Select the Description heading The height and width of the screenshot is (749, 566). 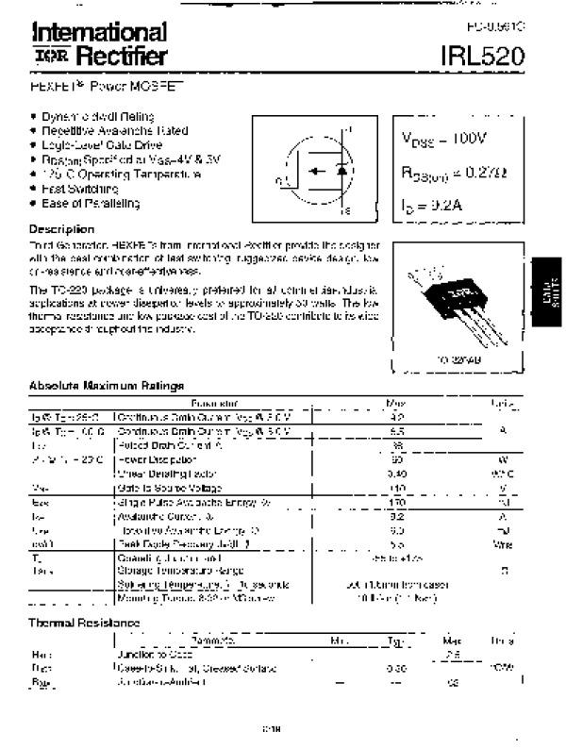point(61,229)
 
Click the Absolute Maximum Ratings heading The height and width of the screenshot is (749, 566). point(106,385)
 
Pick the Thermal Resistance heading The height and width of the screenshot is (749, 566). point(84,623)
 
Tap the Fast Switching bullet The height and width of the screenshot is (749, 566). point(78,189)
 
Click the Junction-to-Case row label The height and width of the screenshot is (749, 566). point(155,653)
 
